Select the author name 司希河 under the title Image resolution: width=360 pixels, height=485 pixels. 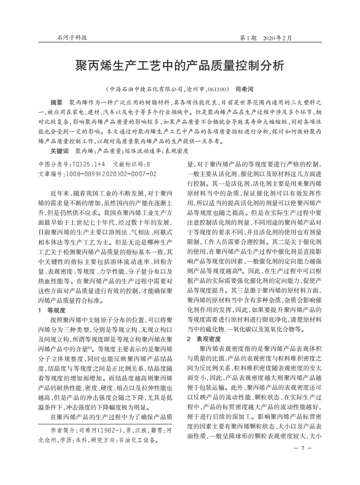click(x=244, y=89)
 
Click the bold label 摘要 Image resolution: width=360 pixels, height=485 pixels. click(x=56, y=102)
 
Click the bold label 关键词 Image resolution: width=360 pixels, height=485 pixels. click(x=60, y=151)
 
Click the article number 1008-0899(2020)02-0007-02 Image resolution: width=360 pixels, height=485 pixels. click(x=111, y=174)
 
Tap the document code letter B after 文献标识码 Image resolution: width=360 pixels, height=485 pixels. click(x=148, y=164)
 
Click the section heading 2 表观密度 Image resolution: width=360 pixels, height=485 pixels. click(x=204, y=339)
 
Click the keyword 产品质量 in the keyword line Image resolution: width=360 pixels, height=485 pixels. click(x=109, y=151)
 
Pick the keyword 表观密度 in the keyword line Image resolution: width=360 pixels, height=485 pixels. click(x=176, y=151)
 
